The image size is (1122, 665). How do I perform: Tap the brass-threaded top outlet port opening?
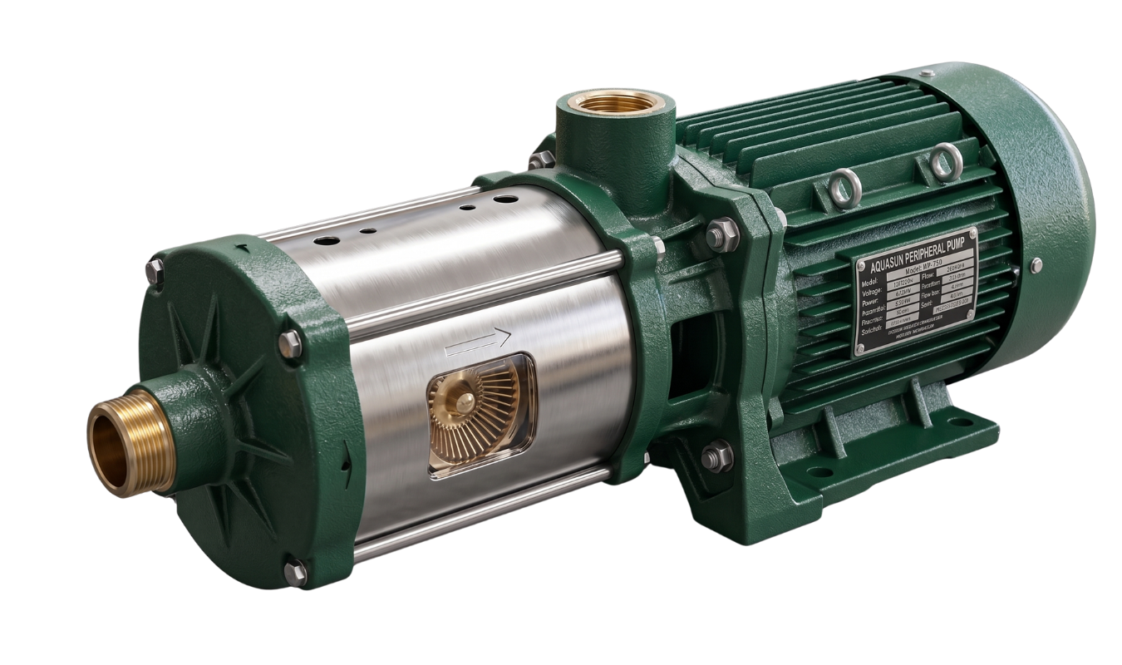[x=616, y=103]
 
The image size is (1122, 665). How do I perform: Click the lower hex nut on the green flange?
[x=716, y=456]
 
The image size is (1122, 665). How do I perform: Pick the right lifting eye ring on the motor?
[x=945, y=161]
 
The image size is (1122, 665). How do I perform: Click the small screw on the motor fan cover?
[x=1036, y=265]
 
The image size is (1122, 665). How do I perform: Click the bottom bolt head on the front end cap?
[x=295, y=572]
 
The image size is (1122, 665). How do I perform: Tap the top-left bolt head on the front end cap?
[x=155, y=270]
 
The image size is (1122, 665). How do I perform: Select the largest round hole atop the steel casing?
[x=326, y=241]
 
